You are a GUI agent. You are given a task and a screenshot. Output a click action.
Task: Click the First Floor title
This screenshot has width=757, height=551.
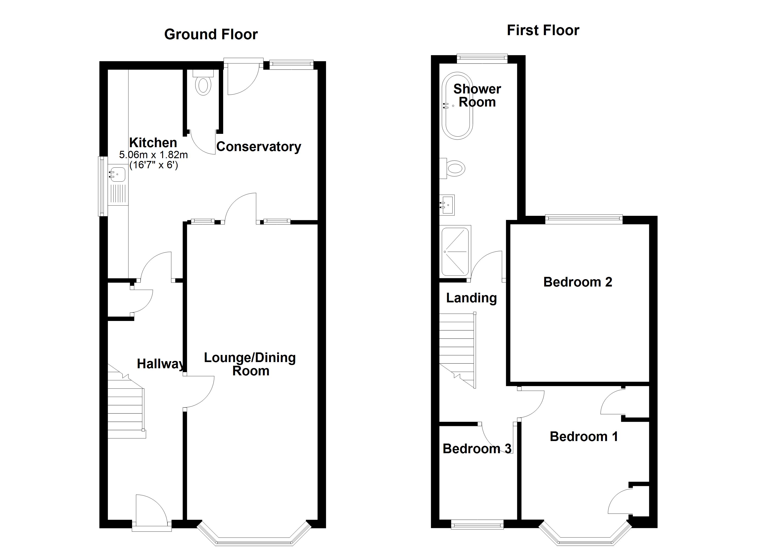(543, 30)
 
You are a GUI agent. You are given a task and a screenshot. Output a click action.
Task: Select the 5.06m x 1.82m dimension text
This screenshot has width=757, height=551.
(153, 155)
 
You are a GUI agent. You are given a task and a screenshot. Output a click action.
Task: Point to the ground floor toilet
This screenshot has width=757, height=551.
(203, 85)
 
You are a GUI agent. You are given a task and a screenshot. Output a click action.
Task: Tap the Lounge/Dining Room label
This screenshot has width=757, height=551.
(250, 364)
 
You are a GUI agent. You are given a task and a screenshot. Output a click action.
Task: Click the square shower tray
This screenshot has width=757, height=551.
(455, 251)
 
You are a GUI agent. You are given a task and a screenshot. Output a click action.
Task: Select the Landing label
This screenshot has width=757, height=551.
(471, 298)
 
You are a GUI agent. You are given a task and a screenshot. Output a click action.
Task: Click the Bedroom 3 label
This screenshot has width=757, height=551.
(477, 449)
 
